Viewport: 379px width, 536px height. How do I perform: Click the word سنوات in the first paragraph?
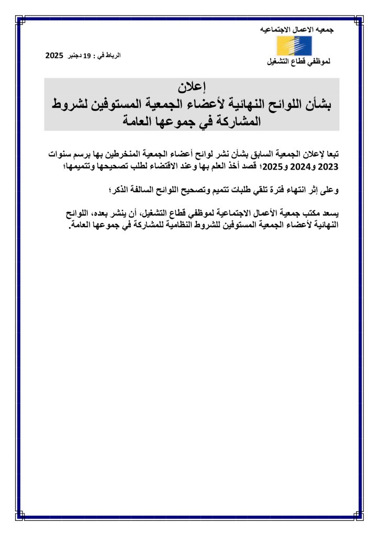coord(60,155)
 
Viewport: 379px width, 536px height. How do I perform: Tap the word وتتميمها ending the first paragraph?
coord(92,167)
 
